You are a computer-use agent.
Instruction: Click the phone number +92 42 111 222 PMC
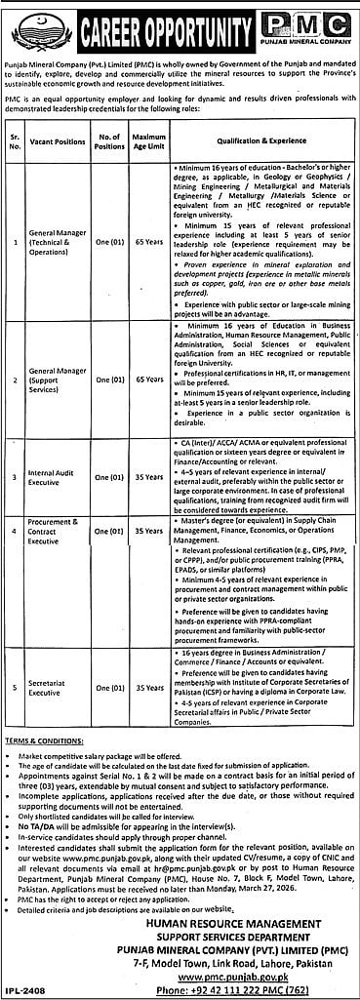256,987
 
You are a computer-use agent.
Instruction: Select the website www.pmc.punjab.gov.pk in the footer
256,973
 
